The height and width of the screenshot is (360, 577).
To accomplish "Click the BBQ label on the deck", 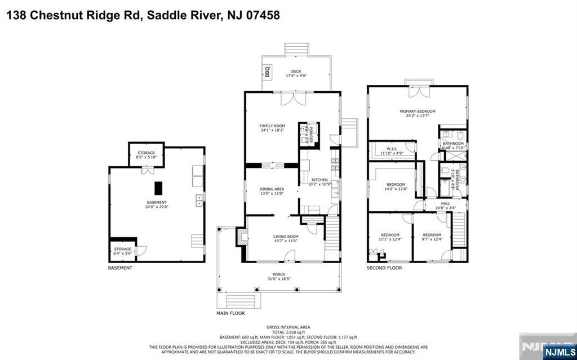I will click(268, 72).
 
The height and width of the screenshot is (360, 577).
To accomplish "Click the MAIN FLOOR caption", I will click(230, 313).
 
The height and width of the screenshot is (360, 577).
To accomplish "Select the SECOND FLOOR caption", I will click(384, 268).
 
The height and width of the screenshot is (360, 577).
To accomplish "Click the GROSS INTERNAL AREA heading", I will click(288, 327).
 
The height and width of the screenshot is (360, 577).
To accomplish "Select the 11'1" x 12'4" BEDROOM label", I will click(390, 237).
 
